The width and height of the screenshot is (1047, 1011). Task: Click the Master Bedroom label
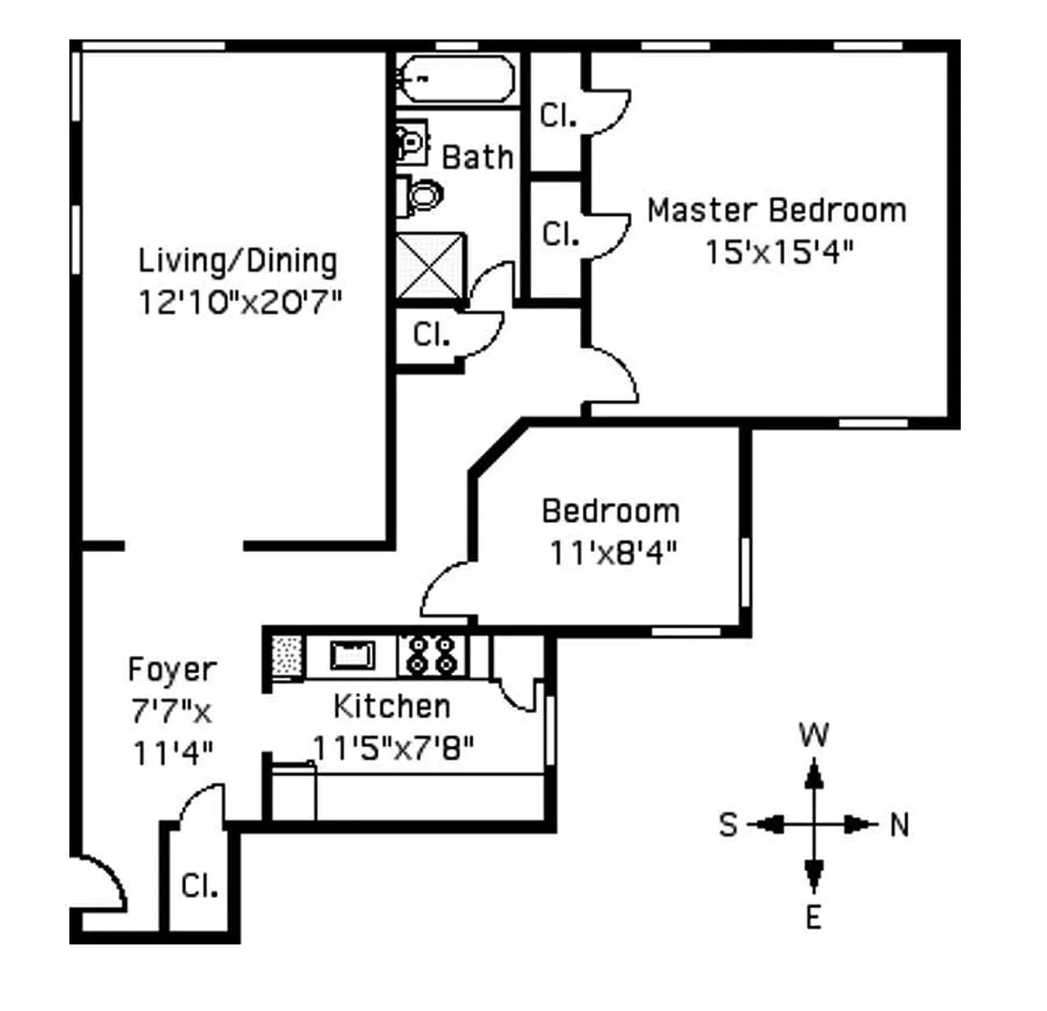tap(777, 211)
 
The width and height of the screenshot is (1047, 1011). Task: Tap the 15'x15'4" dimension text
tap(779, 253)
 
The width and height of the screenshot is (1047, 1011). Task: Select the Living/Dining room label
tap(238, 262)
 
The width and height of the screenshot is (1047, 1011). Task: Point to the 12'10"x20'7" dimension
tap(240, 302)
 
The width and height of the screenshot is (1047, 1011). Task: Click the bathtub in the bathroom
tap(457, 79)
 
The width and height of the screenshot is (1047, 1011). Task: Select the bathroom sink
tap(412, 141)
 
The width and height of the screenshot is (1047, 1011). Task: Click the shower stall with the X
tap(431, 266)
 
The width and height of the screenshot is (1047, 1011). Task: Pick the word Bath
tap(477, 158)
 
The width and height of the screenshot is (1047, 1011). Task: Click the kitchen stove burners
tap(433, 656)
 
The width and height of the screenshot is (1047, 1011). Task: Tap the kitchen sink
tap(353, 655)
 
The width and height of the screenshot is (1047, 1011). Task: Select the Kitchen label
tap(392, 706)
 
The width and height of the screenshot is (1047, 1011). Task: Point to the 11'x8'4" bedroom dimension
tap(613, 553)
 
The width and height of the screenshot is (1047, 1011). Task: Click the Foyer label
tap(172, 669)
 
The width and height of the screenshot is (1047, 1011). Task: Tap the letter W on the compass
tap(814, 735)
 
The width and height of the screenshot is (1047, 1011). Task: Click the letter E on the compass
tap(814, 917)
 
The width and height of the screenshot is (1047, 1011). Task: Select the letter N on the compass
tap(900, 825)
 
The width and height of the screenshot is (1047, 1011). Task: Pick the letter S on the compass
tap(728, 825)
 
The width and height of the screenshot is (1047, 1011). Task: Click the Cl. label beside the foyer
tap(199, 886)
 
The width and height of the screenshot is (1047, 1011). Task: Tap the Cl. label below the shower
tap(432, 333)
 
